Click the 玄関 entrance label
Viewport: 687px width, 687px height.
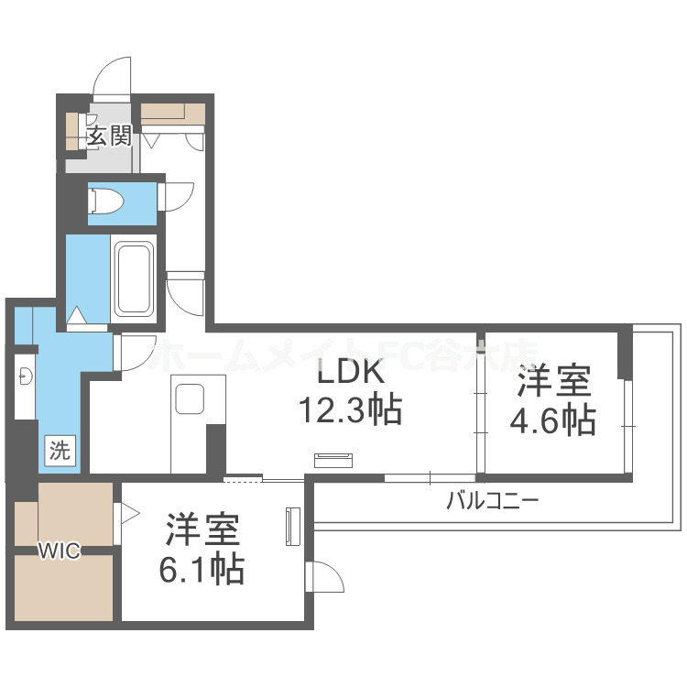pos(109,137)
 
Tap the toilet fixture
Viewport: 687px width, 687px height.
pos(106,200)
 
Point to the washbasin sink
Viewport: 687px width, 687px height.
pos(26,375)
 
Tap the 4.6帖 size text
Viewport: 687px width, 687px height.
pos(553,420)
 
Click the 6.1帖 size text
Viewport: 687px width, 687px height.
pos(202,570)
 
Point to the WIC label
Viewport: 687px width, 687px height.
pos(59,551)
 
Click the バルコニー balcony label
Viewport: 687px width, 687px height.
pos(492,500)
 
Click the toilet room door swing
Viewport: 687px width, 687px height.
pos(176,196)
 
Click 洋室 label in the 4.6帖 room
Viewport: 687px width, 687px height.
pos(553,379)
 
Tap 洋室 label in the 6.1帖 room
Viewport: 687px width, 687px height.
pos(202,530)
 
